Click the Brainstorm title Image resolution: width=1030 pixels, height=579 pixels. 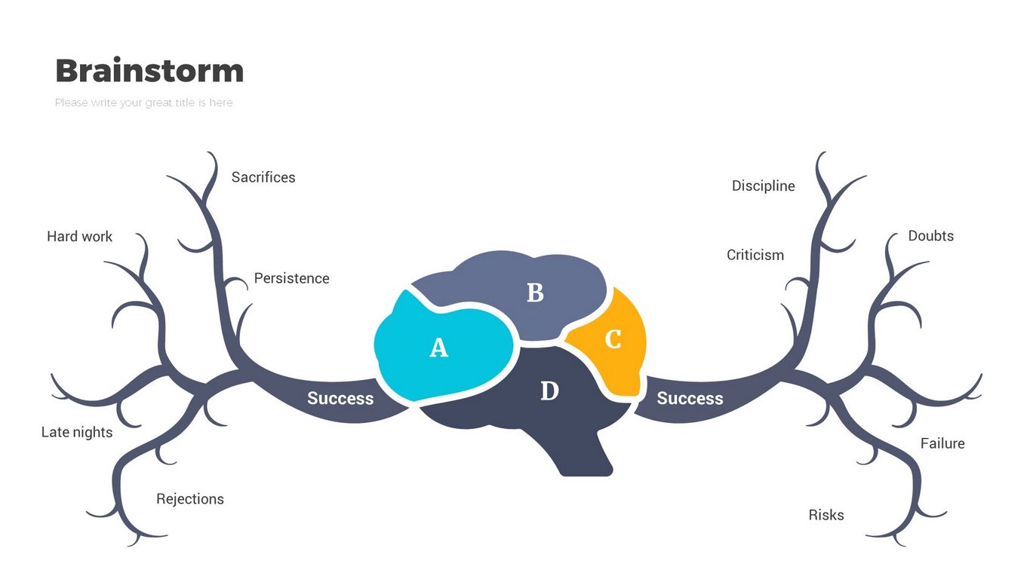(x=149, y=71)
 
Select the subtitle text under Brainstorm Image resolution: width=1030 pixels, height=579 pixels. (x=143, y=103)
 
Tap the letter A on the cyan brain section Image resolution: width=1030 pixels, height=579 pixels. (x=438, y=348)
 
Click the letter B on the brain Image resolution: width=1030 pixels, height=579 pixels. (x=535, y=293)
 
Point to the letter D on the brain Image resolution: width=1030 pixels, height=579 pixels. (x=550, y=391)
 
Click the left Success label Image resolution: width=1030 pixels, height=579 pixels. (x=340, y=398)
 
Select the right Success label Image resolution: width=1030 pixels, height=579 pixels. (x=690, y=398)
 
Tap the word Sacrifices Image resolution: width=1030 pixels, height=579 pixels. (x=263, y=177)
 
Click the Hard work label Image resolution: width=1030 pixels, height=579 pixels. (x=79, y=237)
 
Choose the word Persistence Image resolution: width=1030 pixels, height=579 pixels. (x=291, y=278)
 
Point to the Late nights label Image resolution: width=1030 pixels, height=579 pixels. (x=77, y=432)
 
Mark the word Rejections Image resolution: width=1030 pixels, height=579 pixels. (x=190, y=499)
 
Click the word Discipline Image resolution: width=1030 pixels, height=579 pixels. (x=763, y=185)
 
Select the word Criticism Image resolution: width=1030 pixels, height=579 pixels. (x=755, y=255)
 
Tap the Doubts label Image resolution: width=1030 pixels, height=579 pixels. (x=930, y=236)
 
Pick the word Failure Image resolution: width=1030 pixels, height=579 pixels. (x=942, y=443)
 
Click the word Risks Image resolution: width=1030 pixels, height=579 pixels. (x=826, y=515)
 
